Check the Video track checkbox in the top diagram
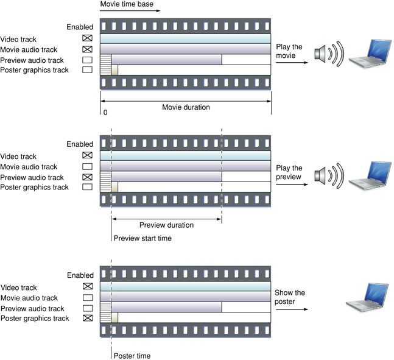tap(87, 39)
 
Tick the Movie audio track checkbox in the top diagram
tap(87, 49)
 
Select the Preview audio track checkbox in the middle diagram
tap(87, 177)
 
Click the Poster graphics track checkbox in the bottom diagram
tap(87, 318)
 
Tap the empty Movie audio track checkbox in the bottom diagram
tap(87, 298)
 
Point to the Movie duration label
tap(186, 107)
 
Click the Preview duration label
tap(166, 225)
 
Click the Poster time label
tap(132, 356)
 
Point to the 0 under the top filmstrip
tap(105, 113)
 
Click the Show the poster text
tap(290, 297)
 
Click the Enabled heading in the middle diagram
tap(80, 144)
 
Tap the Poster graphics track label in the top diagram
tap(35, 70)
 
